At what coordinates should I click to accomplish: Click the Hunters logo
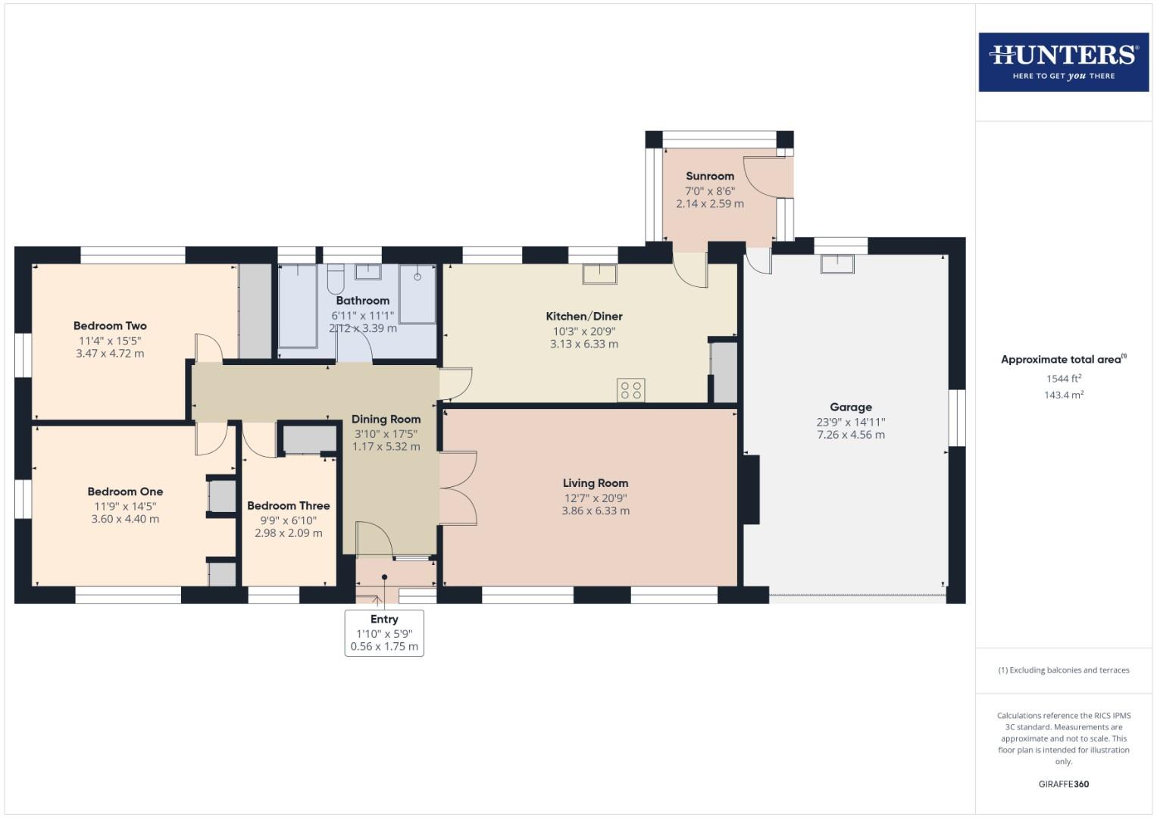coord(1063,61)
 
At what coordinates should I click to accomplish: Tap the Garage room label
coord(850,407)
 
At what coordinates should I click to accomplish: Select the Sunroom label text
coord(709,176)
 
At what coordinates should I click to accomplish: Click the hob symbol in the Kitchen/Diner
coord(630,389)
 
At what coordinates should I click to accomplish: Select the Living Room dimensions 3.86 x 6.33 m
coord(595,511)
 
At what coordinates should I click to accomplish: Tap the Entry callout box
coord(384,632)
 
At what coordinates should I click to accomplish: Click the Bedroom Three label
coord(288,505)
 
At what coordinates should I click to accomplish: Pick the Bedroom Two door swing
coord(207,348)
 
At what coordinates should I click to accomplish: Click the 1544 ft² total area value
coord(1063,379)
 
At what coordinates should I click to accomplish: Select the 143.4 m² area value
coord(1063,395)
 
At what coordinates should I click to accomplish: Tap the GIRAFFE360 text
coord(1063,784)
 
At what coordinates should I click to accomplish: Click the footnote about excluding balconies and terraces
coord(1063,670)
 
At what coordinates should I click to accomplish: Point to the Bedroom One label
coord(125,492)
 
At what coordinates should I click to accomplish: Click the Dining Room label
coord(386,419)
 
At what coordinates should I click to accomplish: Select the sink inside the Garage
coord(838,264)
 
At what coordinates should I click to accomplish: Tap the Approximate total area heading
coord(1063,359)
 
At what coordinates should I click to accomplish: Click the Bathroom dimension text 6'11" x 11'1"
coord(362,315)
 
